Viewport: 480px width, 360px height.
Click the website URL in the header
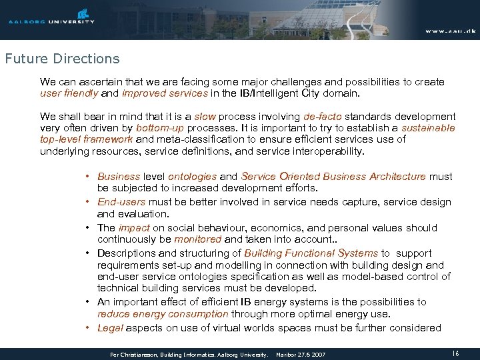click(x=449, y=31)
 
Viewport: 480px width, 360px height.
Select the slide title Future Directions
click(x=62, y=59)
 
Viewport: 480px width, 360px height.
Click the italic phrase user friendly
click(x=67, y=94)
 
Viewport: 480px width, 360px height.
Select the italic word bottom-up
click(x=160, y=128)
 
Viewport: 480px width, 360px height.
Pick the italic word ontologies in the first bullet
click(x=192, y=177)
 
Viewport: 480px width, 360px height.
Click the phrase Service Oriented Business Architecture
click(x=333, y=177)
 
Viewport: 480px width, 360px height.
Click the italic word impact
click(x=134, y=227)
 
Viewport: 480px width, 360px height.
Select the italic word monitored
click(x=197, y=239)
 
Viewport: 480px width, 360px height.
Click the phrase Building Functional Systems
click(x=311, y=253)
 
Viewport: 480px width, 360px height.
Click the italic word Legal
click(x=110, y=327)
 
